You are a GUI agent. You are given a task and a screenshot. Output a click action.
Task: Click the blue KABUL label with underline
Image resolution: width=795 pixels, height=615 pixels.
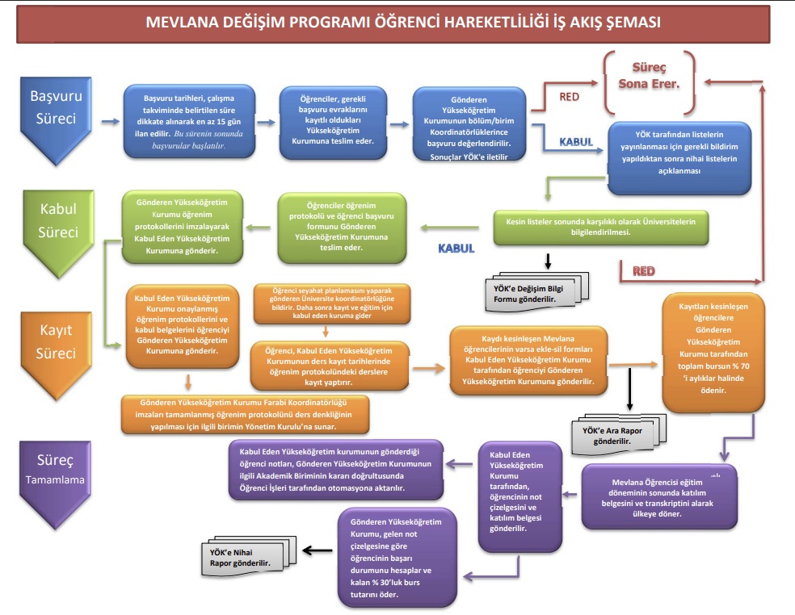pyautogui.click(x=576, y=141)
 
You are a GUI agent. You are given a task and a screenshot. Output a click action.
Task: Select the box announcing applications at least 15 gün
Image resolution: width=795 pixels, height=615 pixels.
pyautogui.click(x=189, y=121)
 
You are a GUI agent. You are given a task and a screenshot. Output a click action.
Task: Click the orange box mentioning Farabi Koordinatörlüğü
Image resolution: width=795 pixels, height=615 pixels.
pyautogui.click(x=245, y=412)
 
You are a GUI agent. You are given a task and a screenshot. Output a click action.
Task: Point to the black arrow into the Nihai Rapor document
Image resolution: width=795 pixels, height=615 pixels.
pyautogui.click(x=318, y=552)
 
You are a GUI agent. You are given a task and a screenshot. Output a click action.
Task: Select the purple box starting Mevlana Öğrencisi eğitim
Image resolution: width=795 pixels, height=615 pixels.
pyautogui.click(x=659, y=495)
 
